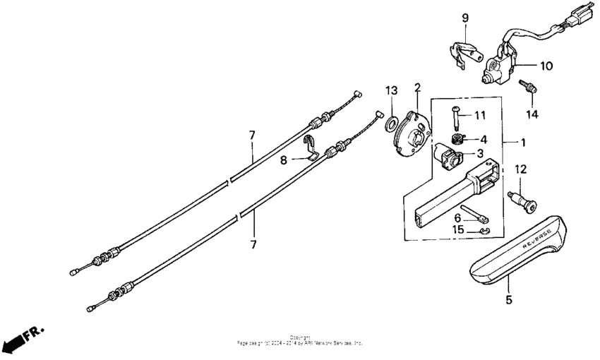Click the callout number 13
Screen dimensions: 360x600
coord(391,90)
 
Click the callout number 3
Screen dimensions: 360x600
coord(480,153)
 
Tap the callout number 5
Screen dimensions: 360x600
coord(510,299)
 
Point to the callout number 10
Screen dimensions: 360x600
coord(546,66)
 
